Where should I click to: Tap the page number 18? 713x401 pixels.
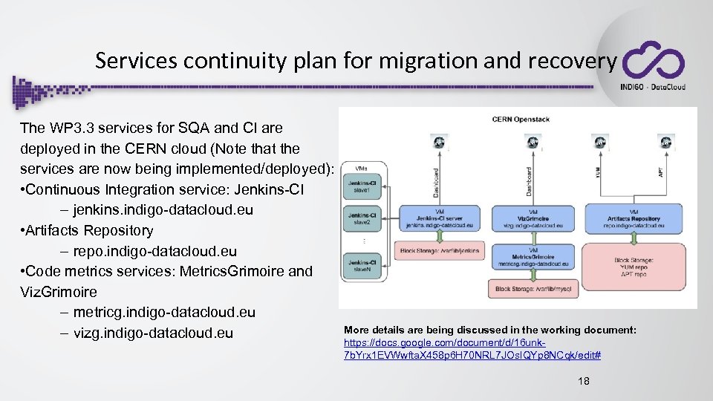point(585,381)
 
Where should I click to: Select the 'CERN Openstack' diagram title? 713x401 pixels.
point(521,119)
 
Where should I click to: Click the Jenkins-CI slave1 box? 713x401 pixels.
point(362,186)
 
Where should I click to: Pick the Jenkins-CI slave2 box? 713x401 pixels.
point(362,220)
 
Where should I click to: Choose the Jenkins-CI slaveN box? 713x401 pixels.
point(362,264)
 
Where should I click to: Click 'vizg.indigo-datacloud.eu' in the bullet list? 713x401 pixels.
point(153,333)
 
